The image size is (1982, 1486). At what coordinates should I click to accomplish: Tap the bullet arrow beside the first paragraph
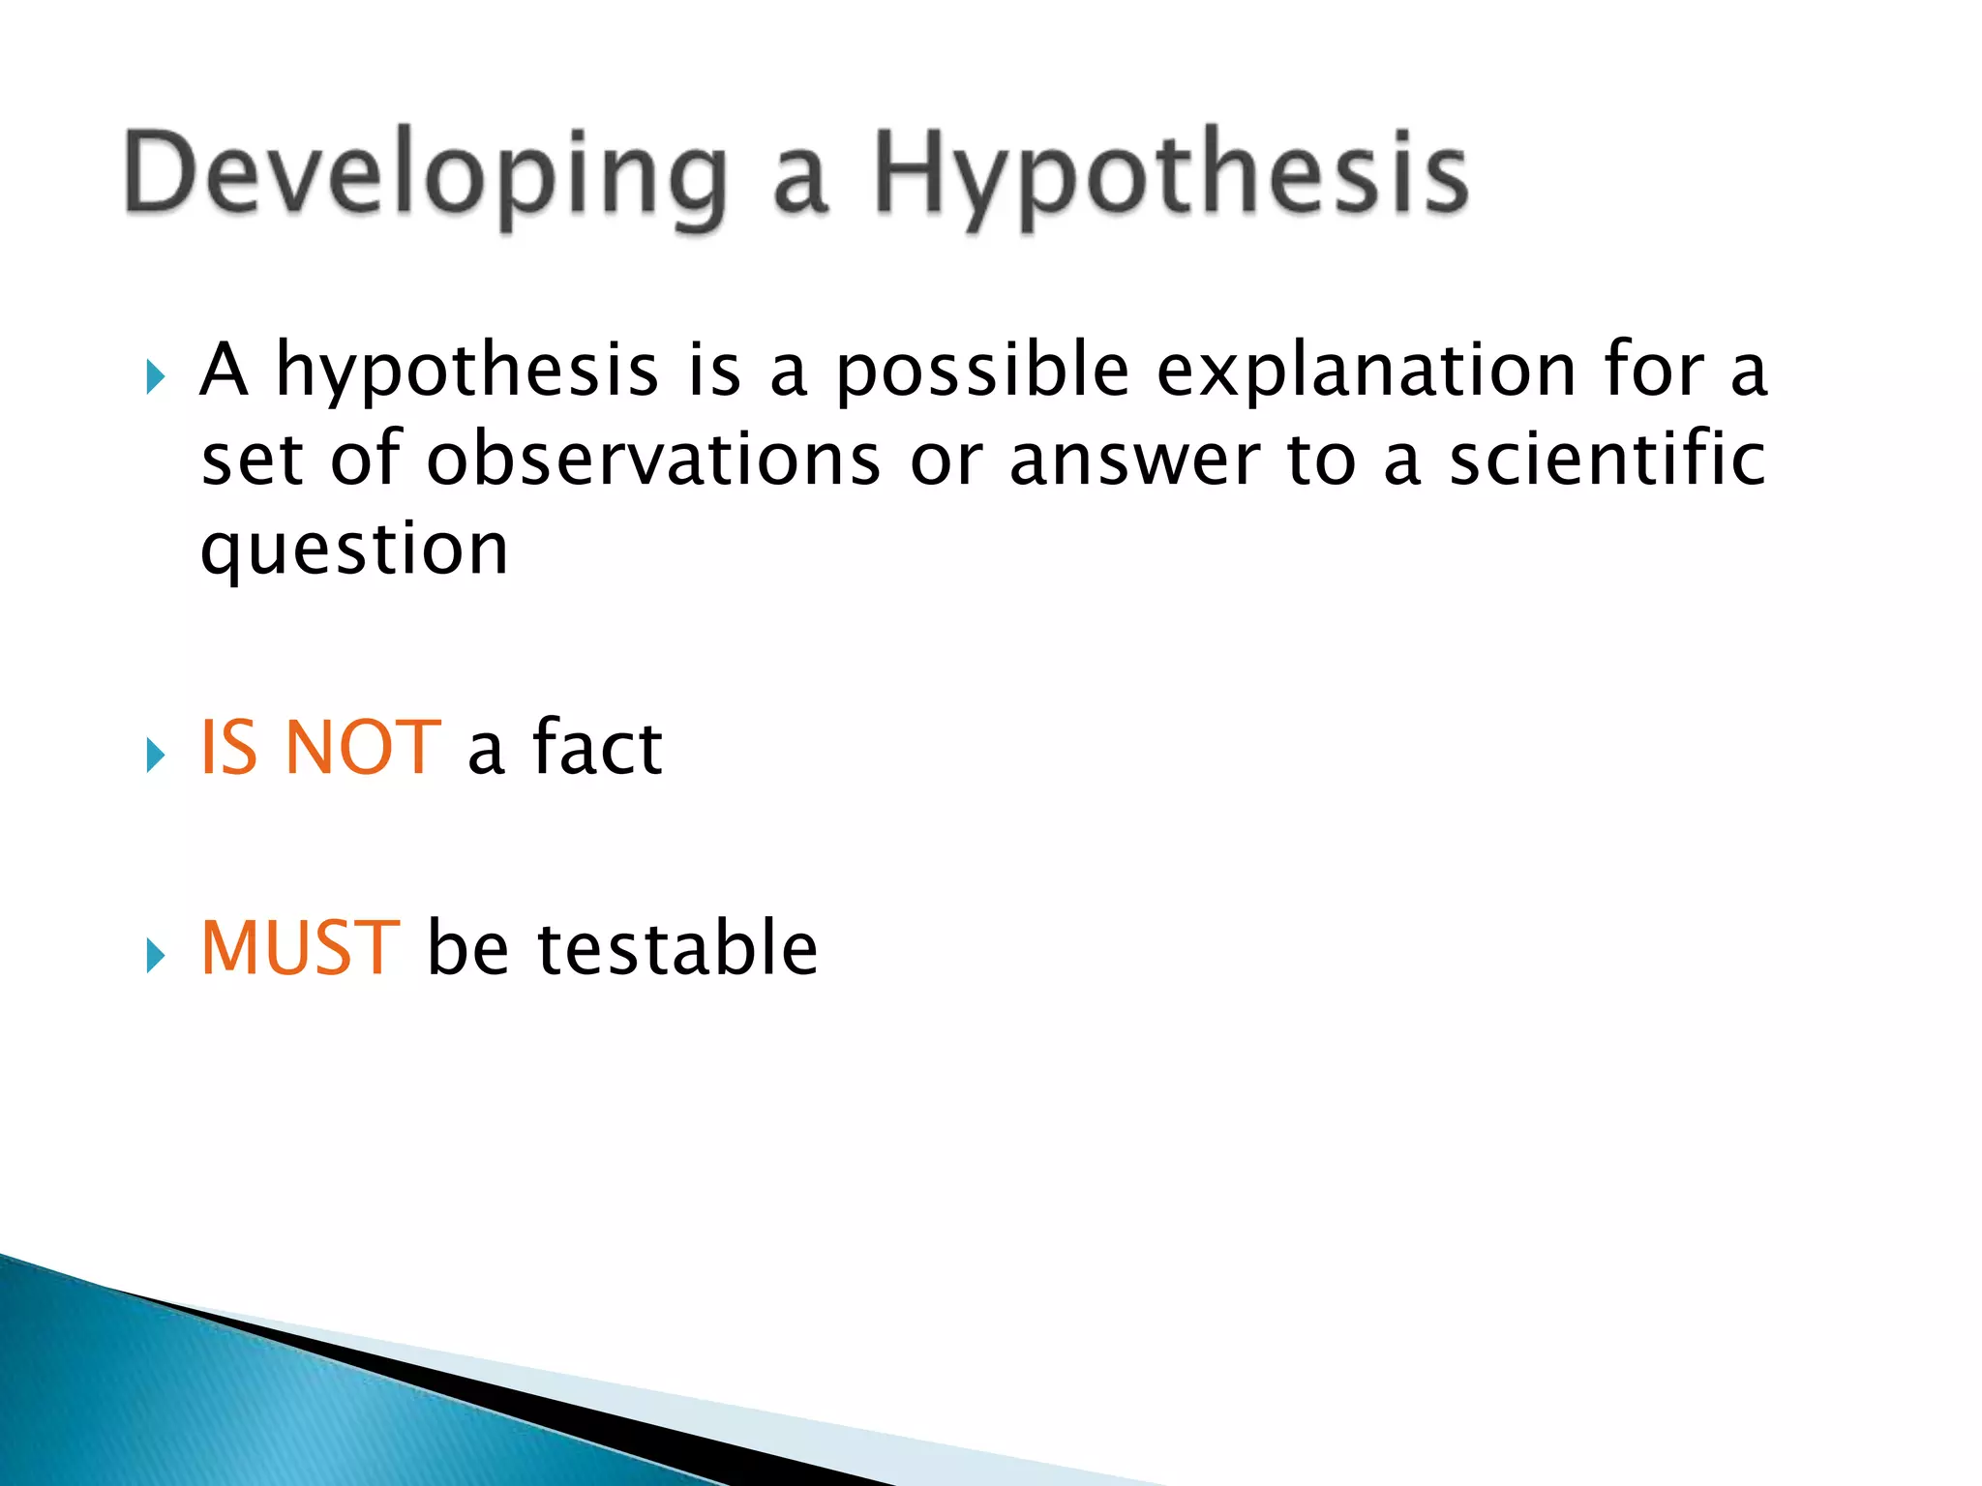tap(155, 376)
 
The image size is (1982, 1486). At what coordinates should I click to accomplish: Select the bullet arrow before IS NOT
tap(155, 755)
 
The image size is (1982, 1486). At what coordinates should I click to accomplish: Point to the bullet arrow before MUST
tap(155, 956)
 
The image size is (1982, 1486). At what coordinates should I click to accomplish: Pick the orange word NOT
tap(363, 748)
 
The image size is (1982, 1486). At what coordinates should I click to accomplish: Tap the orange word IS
tap(229, 748)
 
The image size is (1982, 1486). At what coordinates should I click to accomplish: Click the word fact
tap(597, 748)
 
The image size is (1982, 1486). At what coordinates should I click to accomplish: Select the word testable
tap(677, 948)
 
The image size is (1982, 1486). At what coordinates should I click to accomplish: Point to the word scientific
tap(1607, 459)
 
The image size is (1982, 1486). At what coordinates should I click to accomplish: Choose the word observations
tap(653, 459)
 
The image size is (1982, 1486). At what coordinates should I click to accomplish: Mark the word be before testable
tap(467, 948)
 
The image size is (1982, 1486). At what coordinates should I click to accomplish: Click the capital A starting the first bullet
tap(224, 370)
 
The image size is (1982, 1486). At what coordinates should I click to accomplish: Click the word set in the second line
tap(252, 461)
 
